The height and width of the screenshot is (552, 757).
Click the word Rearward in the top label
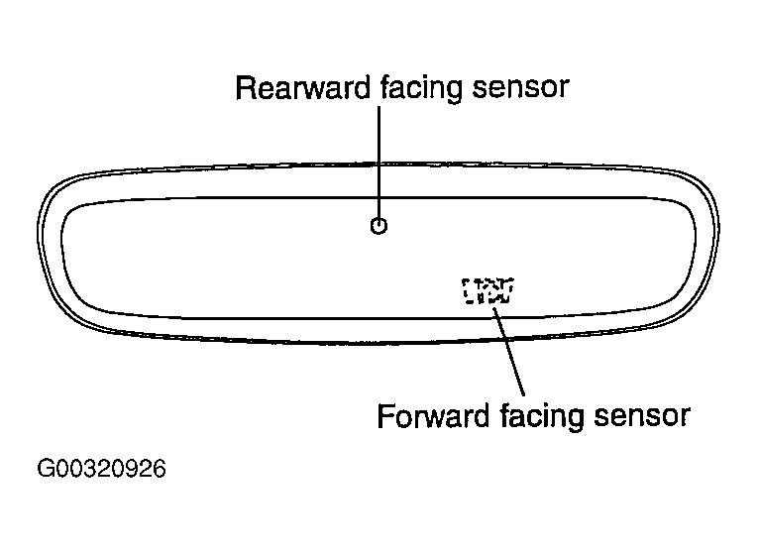303,87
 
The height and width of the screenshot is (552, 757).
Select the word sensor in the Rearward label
520,88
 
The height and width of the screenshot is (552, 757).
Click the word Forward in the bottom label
433,415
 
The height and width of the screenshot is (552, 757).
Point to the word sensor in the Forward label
642,416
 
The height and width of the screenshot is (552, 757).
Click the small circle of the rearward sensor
378,226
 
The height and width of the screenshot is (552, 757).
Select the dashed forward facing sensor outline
487,290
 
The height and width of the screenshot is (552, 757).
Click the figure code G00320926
101,469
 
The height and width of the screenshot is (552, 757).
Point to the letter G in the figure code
46,469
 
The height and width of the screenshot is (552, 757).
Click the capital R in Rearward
245,88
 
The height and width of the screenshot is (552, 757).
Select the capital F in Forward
385,416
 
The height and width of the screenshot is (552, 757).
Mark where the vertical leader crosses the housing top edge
378,164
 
